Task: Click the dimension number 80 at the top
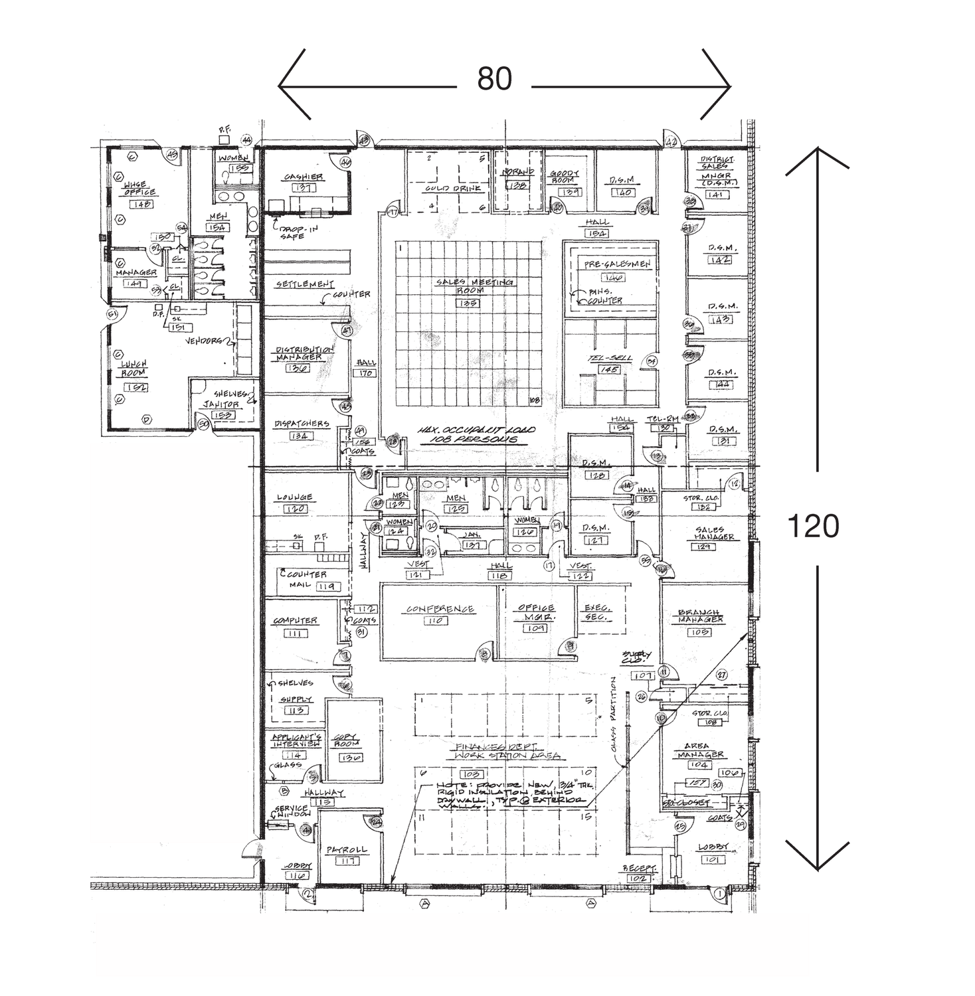coord(495,80)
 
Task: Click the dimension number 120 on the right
coord(813,527)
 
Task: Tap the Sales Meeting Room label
coord(474,286)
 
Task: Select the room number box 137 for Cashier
coord(303,189)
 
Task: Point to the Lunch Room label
coord(133,369)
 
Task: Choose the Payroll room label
coord(346,850)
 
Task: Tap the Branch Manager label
coord(701,616)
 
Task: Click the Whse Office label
coord(139,189)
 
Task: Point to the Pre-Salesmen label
coord(618,264)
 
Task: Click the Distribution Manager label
coord(305,353)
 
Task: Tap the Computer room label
coord(296,621)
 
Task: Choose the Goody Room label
coord(565,176)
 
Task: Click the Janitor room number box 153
coord(221,416)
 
